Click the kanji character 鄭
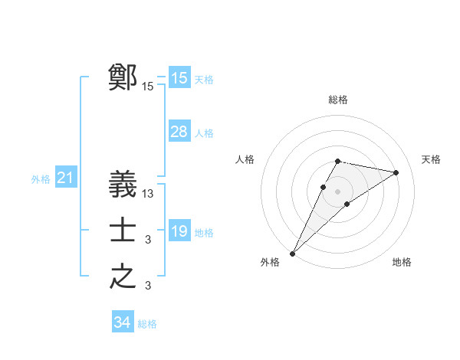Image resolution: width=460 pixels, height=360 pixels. pyautogui.click(x=123, y=77)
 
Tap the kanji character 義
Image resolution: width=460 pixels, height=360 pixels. pyautogui.click(x=123, y=184)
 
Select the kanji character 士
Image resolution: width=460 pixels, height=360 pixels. pyautogui.click(x=123, y=231)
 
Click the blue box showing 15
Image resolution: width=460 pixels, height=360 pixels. pyautogui.click(x=179, y=78)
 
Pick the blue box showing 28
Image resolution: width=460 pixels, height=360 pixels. pyautogui.click(x=179, y=132)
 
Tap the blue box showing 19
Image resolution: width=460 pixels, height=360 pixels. pyautogui.click(x=179, y=231)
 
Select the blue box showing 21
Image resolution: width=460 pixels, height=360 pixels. pyautogui.click(x=65, y=178)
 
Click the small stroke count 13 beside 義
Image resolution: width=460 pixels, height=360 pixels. pyautogui.click(x=148, y=194)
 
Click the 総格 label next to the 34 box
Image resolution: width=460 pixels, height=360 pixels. pyautogui.click(x=147, y=324)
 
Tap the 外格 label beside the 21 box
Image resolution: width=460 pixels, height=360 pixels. pyautogui.click(x=41, y=180)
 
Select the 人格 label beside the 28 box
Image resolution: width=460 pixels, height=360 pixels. pyautogui.click(x=204, y=133)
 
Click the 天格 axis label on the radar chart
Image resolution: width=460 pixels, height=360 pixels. pyautogui.click(x=431, y=159)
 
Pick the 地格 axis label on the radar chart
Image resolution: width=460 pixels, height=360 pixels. pyautogui.click(x=402, y=262)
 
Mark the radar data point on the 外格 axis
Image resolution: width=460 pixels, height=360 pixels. pyautogui.click(x=293, y=253)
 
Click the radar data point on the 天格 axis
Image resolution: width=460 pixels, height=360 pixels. pyautogui.click(x=396, y=172)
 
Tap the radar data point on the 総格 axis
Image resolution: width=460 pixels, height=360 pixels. pyautogui.click(x=337, y=161)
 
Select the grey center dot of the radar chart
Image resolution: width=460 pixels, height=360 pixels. pyautogui.click(x=337, y=191)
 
